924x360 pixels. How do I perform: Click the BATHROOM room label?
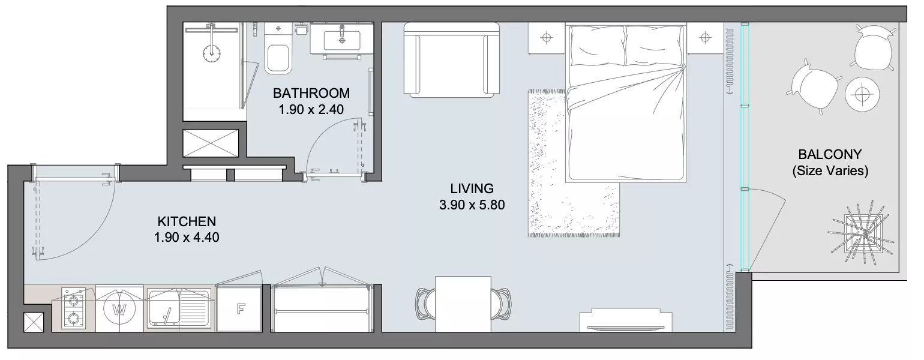311,93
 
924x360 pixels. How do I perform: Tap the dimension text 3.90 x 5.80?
472,205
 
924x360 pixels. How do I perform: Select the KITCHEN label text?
187,221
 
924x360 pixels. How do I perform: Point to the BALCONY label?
830,154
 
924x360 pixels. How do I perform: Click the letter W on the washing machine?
119,309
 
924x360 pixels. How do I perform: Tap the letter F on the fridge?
241,308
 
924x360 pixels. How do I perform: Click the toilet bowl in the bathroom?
278,59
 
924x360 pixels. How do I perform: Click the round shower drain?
212,53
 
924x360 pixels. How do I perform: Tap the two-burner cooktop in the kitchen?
73,308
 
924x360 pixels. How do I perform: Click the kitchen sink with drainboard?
179,308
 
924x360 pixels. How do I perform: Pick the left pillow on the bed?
597,46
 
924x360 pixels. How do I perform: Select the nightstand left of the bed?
547,38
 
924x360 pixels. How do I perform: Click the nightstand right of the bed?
706,38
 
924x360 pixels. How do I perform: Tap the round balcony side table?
862,94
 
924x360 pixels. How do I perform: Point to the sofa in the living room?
452,60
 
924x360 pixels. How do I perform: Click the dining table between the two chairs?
463,304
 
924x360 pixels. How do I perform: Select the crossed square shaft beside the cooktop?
34,322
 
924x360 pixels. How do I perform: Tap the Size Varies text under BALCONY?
830,171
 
